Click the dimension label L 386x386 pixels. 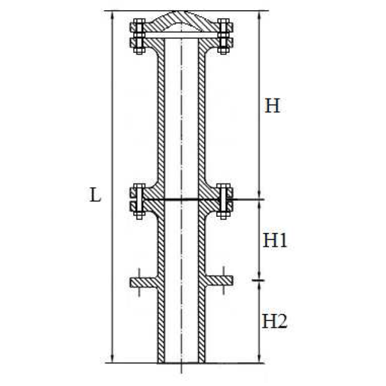click(95, 195)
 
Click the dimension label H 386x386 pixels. click(272, 106)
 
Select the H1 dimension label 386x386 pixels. click(275, 240)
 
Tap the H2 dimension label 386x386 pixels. click(275, 321)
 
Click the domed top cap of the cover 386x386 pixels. click(181, 21)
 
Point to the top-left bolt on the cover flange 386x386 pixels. click(139, 36)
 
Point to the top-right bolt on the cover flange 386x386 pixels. click(223, 36)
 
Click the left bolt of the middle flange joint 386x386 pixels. click(139, 201)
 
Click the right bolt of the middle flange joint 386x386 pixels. click(223, 201)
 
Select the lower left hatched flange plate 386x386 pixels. click(143, 282)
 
